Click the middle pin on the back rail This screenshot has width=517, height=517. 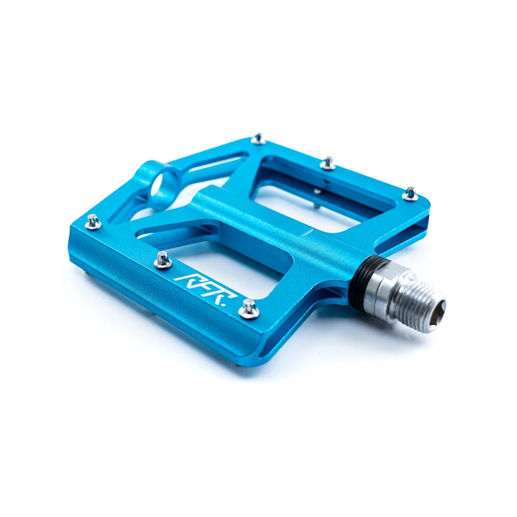pyautogui.click(x=328, y=163)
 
